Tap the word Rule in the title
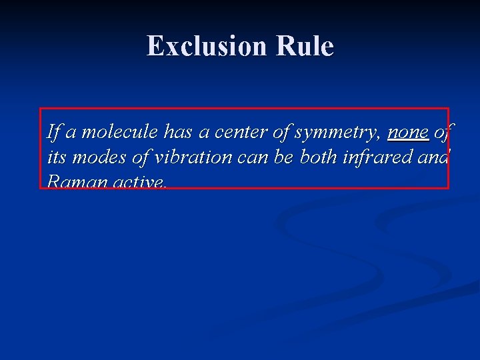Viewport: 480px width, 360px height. click(x=303, y=46)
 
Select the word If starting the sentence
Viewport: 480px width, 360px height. click(x=53, y=133)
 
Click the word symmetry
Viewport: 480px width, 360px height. click(x=337, y=133)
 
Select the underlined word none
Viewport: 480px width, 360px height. click(x=408, y=133)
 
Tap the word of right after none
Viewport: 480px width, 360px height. click(x=442, y=133)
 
